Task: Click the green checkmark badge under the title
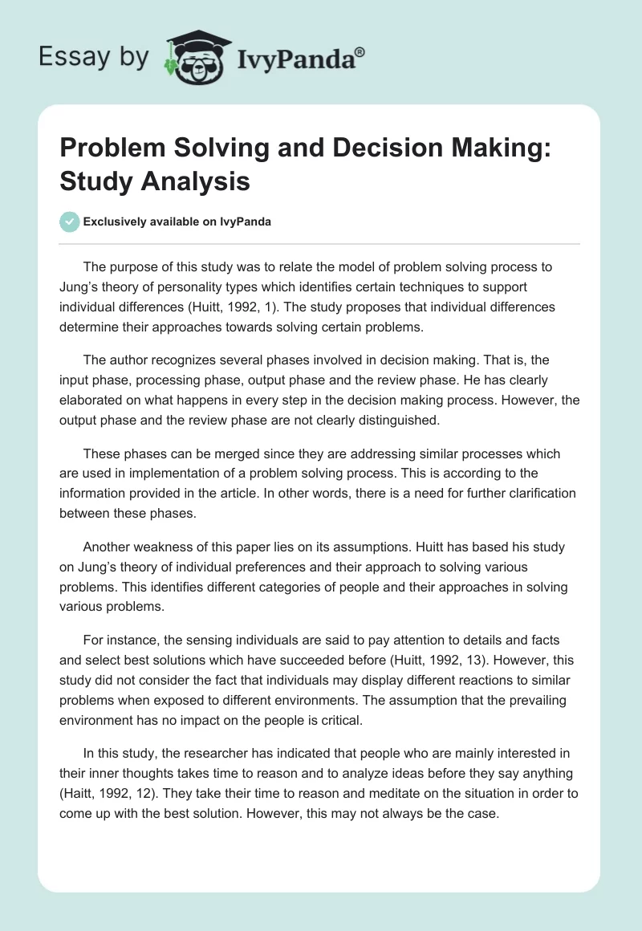(x=70, y=222)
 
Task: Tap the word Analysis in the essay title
(x=198, y=181)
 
